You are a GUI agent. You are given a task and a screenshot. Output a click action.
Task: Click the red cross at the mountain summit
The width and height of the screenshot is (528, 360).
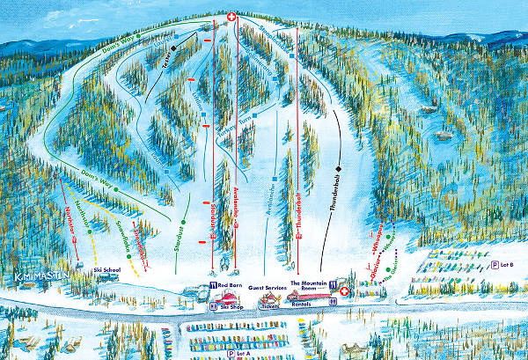231,17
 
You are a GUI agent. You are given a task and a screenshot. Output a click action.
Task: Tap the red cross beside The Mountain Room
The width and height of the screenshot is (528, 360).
344,290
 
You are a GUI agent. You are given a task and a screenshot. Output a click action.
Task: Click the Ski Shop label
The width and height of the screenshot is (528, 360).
231,305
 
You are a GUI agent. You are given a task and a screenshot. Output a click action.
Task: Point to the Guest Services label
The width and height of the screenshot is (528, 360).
267,288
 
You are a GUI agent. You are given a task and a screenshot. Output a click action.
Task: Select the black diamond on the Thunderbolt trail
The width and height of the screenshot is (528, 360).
339,165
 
